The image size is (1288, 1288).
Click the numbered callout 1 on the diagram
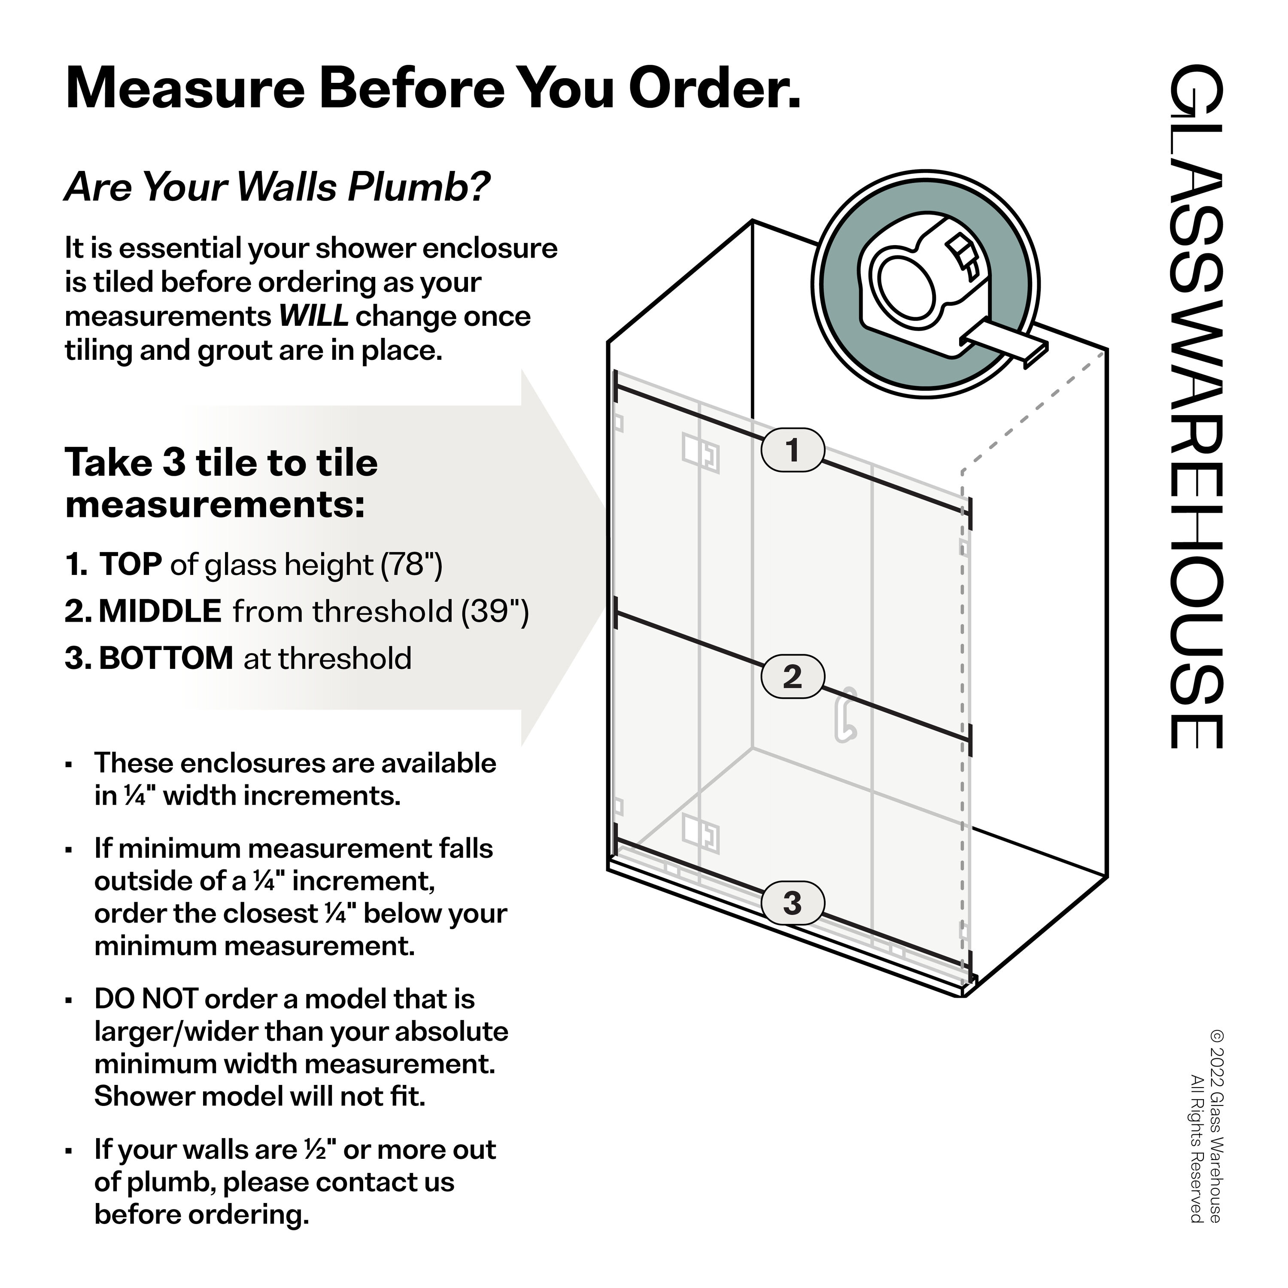[x=792, y=450]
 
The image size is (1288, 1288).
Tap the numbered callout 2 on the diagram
[x=792, y=677]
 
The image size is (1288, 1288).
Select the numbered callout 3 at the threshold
[x=792, y=903]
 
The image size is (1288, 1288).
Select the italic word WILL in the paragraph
[x=313, y=316]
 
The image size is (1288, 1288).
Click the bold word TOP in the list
[x=130, y=565]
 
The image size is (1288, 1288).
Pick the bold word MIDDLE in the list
[x=160, y=611]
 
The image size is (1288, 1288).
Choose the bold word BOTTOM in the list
[x=166, y=659]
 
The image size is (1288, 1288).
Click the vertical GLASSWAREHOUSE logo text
[x=1197, y=407]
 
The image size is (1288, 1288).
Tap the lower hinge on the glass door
[x=700, y=833]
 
